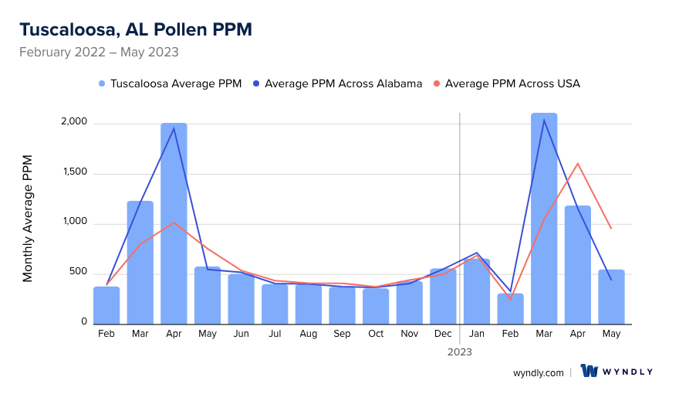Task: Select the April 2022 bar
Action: (174, 223)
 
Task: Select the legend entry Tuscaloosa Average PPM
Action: (170, 83)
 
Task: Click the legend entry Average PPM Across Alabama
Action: (336, 83)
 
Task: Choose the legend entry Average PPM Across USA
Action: (506, 83)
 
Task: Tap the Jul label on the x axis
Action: (275, 334)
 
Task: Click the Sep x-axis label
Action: (342, 334)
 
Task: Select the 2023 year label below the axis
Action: (460, 352)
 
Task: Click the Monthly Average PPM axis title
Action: (28, 218)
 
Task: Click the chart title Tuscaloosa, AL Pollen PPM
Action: (135, 29)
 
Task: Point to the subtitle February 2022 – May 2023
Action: (99, 53)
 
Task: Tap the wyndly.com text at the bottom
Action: (538, 372)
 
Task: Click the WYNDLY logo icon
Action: (589, 372)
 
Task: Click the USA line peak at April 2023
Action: (578, 163)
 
